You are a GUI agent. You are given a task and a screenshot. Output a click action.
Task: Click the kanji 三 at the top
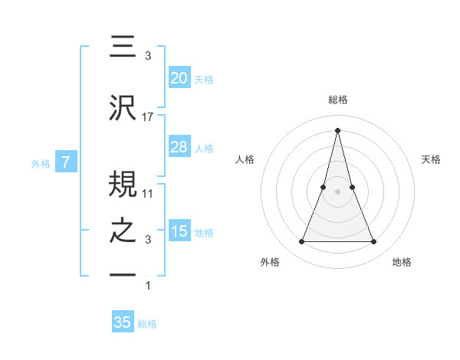123,47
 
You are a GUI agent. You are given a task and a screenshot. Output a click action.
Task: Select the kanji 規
123,183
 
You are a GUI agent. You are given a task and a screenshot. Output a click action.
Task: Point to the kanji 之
123,232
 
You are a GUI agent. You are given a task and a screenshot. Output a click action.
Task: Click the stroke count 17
148,116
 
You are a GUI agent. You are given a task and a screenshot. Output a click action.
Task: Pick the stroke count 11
148,193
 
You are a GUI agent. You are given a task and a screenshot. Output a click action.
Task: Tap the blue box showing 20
179,78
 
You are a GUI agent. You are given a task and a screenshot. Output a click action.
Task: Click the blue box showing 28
179,147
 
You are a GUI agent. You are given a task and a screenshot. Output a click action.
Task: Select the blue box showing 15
179,231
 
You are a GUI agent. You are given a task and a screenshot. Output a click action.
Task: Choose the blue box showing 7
66,162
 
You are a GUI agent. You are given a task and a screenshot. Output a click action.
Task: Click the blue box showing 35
123,322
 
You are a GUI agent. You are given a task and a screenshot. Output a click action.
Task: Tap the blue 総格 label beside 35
147,324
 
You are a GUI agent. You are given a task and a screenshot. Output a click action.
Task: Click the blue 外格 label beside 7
41,163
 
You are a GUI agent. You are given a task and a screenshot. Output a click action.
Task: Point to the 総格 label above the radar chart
337,100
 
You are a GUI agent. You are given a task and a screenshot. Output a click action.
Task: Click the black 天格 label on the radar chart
432,159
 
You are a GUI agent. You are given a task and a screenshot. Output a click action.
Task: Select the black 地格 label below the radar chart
402,262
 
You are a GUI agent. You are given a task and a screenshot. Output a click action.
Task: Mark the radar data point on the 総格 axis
337,129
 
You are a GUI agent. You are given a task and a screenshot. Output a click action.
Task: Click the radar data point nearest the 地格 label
373,242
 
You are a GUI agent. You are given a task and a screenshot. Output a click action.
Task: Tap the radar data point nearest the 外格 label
301,242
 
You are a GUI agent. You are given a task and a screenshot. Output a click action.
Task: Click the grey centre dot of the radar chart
337,192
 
